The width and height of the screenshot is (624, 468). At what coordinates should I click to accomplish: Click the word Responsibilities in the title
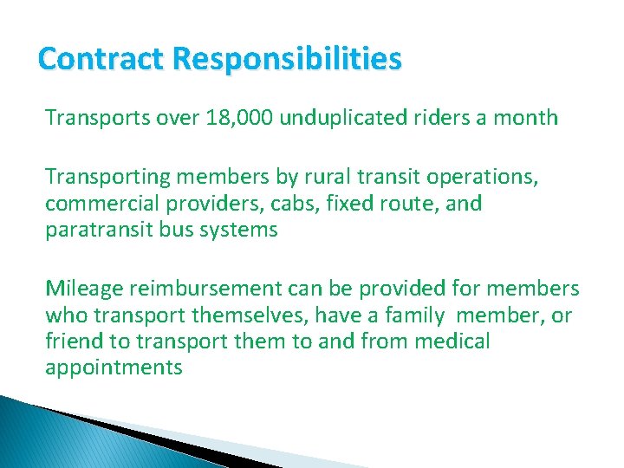click(x=287, y=59)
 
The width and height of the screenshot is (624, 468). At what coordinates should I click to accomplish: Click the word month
click(x=526, y=118)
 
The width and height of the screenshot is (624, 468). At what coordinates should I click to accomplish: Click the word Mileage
click(x=79, y=289)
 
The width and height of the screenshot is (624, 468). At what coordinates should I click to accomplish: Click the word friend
click(x=70, y=341)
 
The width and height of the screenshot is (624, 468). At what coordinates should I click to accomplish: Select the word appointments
click(x=114, y=368)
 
